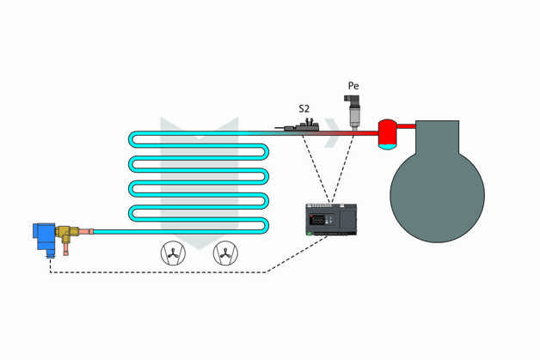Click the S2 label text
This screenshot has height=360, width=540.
click(304, 108)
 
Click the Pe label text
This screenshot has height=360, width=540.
click(353, 86)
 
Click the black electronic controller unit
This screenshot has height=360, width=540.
click(332, 218)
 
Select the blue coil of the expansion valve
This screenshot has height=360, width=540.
click(42, 236)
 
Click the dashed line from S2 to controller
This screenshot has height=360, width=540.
click(315, 168)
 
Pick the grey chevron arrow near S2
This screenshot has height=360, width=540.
click(334, 131)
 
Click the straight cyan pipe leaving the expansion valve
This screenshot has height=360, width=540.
click(172, 231)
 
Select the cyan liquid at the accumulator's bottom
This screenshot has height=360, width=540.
click(388, 143)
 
